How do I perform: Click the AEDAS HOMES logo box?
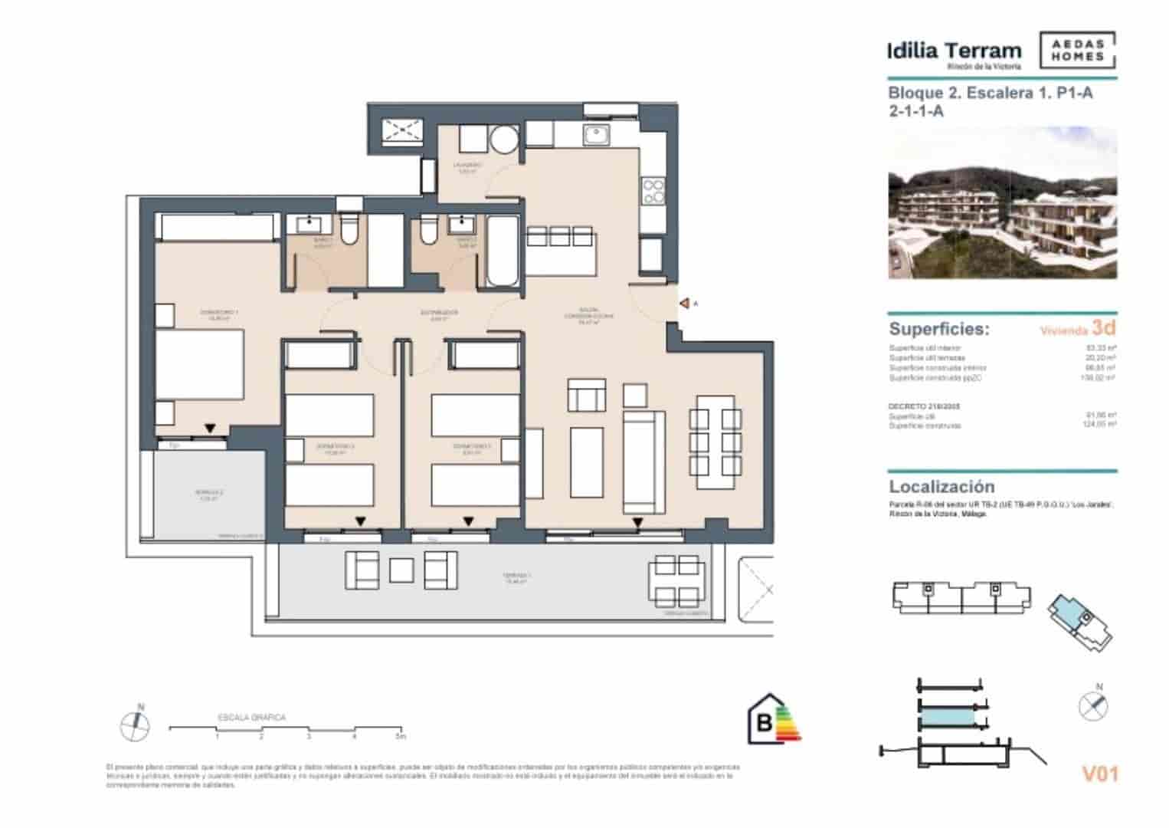(1077, 51)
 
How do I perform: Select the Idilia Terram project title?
(954, 51)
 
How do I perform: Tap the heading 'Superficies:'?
(938, 329)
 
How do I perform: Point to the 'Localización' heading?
(941, 487)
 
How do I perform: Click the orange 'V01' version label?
(1099, 774)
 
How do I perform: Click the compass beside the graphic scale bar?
(135, 724)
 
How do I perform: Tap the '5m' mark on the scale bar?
(399, 737)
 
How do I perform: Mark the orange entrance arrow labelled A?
(684, 304)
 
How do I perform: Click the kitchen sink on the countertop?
(595, 136)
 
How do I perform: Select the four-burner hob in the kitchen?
(653, 191)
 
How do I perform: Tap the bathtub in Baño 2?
(503, 251)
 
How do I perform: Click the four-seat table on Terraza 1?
(677, 579)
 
